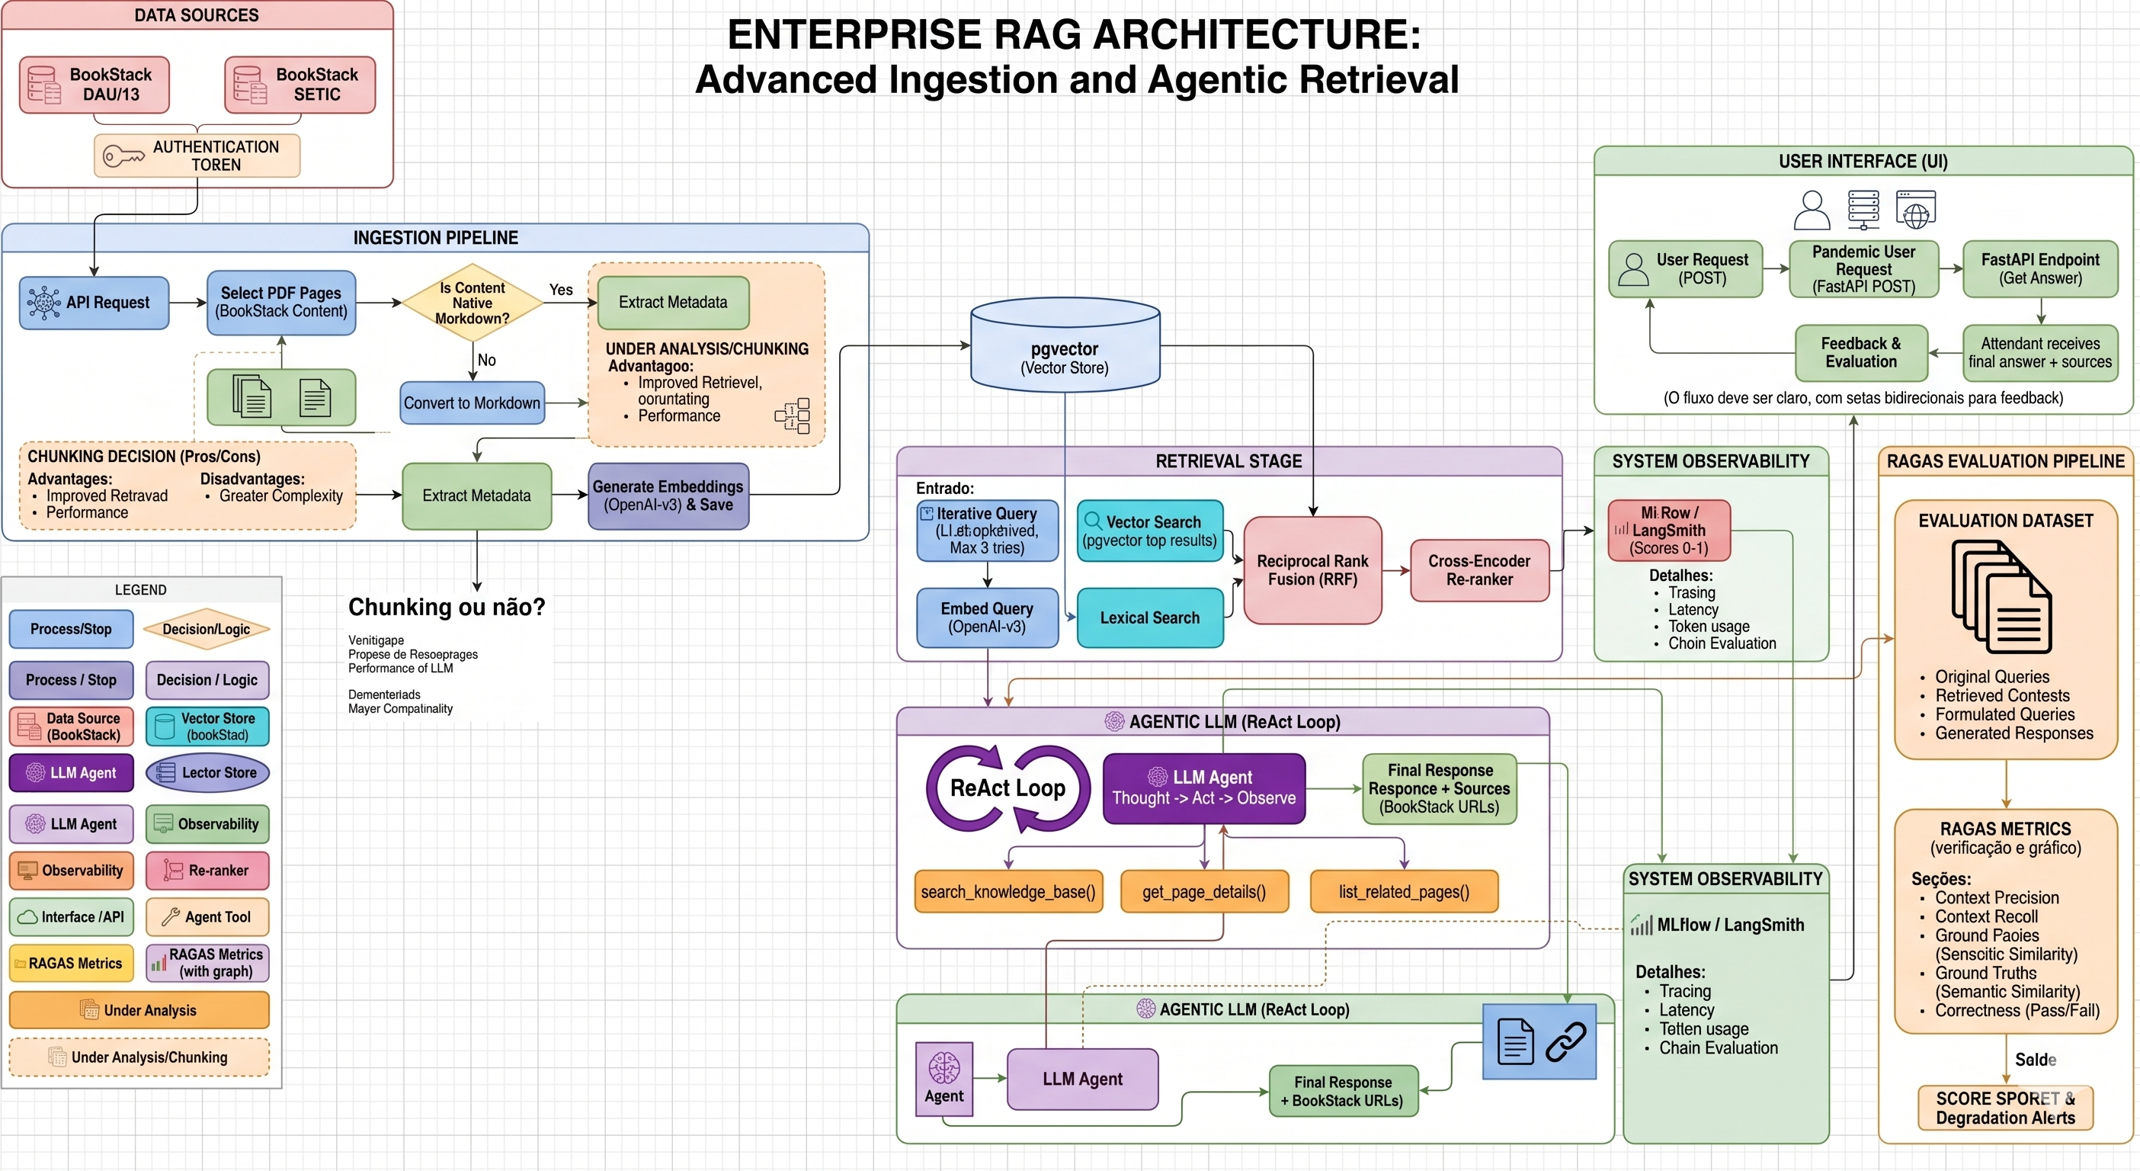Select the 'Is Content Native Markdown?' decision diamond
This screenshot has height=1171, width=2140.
472,303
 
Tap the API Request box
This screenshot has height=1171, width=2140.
94,303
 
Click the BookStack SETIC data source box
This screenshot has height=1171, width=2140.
300,85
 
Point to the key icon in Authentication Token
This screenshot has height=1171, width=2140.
123,156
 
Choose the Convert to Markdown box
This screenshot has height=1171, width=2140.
472,403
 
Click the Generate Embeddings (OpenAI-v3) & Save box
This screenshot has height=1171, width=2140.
668,496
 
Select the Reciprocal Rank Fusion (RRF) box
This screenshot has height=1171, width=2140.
1312,570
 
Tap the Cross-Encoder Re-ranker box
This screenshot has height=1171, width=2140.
1478,570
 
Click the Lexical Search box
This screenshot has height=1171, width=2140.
1149,618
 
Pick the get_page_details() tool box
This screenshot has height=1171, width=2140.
1204,892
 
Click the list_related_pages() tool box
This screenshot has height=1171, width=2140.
1403,892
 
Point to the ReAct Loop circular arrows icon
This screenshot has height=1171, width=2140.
1008,788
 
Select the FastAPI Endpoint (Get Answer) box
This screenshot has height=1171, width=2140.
2039,268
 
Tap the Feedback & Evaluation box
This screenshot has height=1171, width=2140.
1861,352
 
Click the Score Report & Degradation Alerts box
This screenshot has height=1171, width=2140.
2004,1108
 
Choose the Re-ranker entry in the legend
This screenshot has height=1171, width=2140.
208,870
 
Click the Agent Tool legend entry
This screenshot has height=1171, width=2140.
208,916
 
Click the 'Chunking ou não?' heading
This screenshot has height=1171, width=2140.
446,607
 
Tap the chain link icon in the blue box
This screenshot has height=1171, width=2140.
1566,1042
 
